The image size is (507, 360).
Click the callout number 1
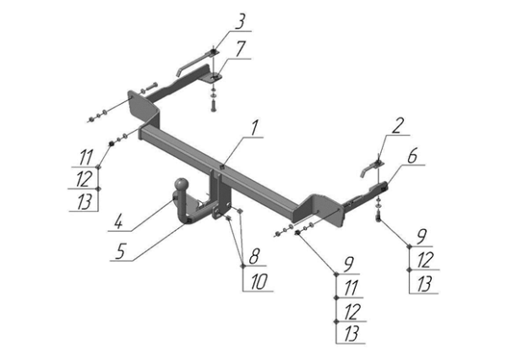tap(255, 128)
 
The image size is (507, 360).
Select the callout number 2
tap(398, 126)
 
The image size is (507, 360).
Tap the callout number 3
tap(240, 22)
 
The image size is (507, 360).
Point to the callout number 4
tap(119, 222)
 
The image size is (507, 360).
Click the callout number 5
tap(120, 251)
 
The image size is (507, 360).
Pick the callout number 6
tap(412, 155)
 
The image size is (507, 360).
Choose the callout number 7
tap(240, 49)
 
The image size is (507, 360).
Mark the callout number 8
tap(254, 257)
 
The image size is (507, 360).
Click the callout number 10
tap(259, 281)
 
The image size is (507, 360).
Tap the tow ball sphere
tap(181, 185)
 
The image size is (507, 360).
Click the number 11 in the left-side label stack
tap(86, 157)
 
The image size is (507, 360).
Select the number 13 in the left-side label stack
tap(84, 202)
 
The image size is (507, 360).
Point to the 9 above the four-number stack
tap(349, 265)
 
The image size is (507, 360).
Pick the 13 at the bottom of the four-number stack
tap(352, 334)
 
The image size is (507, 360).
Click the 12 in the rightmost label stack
tap(424, 260)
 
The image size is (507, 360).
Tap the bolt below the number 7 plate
tap(213, 105)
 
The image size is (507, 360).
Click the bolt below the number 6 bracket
tap(379, 215)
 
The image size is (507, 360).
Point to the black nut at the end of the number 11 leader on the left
tap(111, 143)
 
